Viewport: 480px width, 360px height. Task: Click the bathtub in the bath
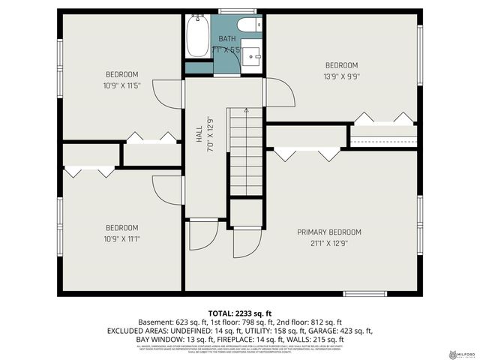click(197, 37)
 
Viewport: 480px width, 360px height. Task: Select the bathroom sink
click(253, 56)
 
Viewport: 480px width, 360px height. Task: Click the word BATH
click(227, 38)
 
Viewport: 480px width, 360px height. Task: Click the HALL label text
click(199, 134)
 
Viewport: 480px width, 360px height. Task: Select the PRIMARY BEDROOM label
click(329, 232)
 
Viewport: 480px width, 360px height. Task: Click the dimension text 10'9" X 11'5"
click(121, 85)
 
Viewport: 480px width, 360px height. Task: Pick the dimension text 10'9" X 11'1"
click(121, 239)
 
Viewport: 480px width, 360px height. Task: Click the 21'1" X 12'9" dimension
click(329, 243)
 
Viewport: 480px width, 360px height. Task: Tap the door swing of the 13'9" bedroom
click(279, 93)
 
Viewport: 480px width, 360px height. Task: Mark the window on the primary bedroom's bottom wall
click(364, 292)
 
